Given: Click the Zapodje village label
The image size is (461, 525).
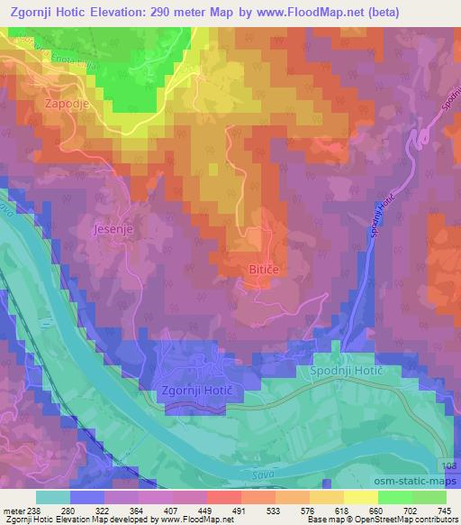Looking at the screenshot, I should click(x=65, y=104).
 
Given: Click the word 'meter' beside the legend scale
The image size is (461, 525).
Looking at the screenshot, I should click(x=14, y=510).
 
